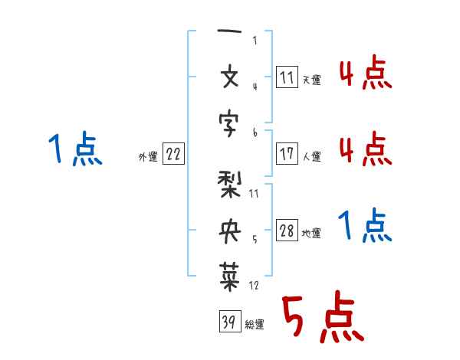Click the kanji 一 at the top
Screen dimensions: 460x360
[229, 31]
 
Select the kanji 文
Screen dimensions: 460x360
[230, 77]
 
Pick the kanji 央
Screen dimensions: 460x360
[230, 231]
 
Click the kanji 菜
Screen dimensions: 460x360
[230, 277]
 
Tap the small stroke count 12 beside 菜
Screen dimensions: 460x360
[254, 285]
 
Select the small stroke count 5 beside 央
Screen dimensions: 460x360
[255, 240]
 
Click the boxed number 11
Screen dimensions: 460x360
[287, 77]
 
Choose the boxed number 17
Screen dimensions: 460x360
[287, 153]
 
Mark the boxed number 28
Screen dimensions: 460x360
[287, 230]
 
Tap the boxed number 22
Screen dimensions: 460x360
[173, 153]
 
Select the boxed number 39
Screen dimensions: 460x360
[230, 321]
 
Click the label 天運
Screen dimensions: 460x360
[311, 80]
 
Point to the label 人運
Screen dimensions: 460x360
[311, 156]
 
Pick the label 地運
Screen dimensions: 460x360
[311, 234]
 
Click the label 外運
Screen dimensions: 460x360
[148, 157]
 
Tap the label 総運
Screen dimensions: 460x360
[255, 325]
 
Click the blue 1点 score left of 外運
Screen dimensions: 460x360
[75, 149]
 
